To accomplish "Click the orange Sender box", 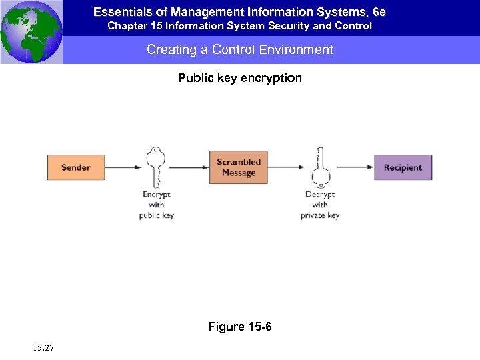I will click(x=76, y=167).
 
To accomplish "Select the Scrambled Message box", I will click(x=239, y=167).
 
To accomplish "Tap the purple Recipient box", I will click(x=403, y=167).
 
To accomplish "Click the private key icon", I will click(x=320, y=166).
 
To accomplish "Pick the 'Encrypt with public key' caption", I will click(x=157, y=205).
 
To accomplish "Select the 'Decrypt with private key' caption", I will click(x=320, y=205).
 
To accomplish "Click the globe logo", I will click(x=31, y=31).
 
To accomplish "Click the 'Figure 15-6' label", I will click(x=240, y=327).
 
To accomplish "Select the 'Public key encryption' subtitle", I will click(x=240, y=78).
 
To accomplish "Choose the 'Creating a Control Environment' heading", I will click(x=240, y=50).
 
